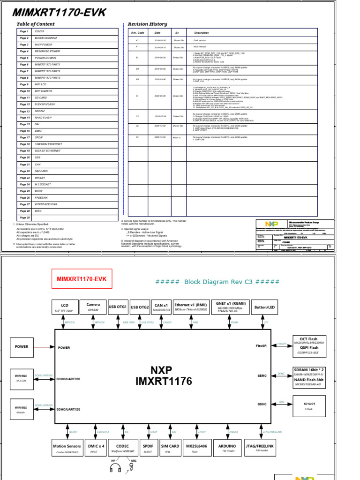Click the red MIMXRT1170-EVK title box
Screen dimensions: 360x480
tap(82, 279)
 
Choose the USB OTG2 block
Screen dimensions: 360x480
tap(140, 307)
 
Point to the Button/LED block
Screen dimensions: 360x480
tap(265, 307)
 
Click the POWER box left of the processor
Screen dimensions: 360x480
tap(22, 347)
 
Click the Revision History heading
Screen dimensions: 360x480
tap(147, 24)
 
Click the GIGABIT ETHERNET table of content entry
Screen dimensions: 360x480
tap(47, 151)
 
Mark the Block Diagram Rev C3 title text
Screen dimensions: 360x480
tap(217, 282)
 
